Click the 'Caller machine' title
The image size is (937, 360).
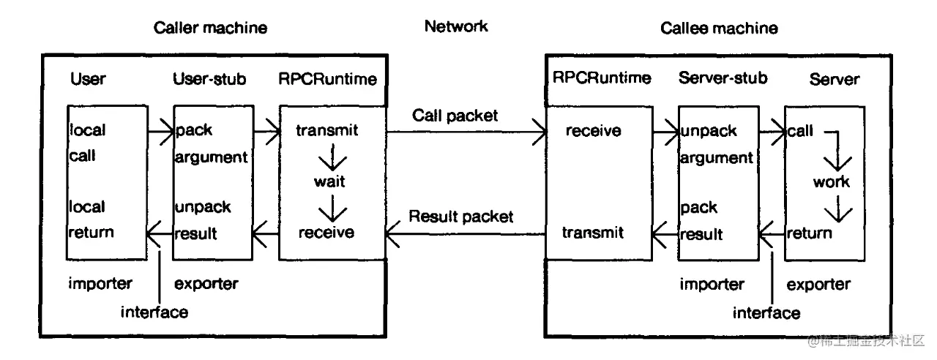(210, 28)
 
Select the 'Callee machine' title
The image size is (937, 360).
(719, 28)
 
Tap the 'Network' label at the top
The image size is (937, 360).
(455, 27)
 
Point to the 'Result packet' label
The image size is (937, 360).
(460, 217)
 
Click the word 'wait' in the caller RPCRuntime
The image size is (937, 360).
(332, 181)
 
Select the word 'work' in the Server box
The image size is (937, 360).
(831, 181)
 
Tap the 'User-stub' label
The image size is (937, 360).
(209, 79)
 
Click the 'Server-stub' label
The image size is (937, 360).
(723, 79)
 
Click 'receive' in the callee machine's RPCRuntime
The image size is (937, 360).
(593, 131)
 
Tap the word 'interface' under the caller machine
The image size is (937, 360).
(154, 312)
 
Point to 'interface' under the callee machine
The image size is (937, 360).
(766, 313)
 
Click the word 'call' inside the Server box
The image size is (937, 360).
(800, 132)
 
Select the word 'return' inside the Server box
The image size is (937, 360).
(809, 233)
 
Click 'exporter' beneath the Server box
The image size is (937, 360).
(819, 284)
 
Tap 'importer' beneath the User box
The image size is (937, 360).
(100, 282)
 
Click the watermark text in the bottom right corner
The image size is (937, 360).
(867, 341)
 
